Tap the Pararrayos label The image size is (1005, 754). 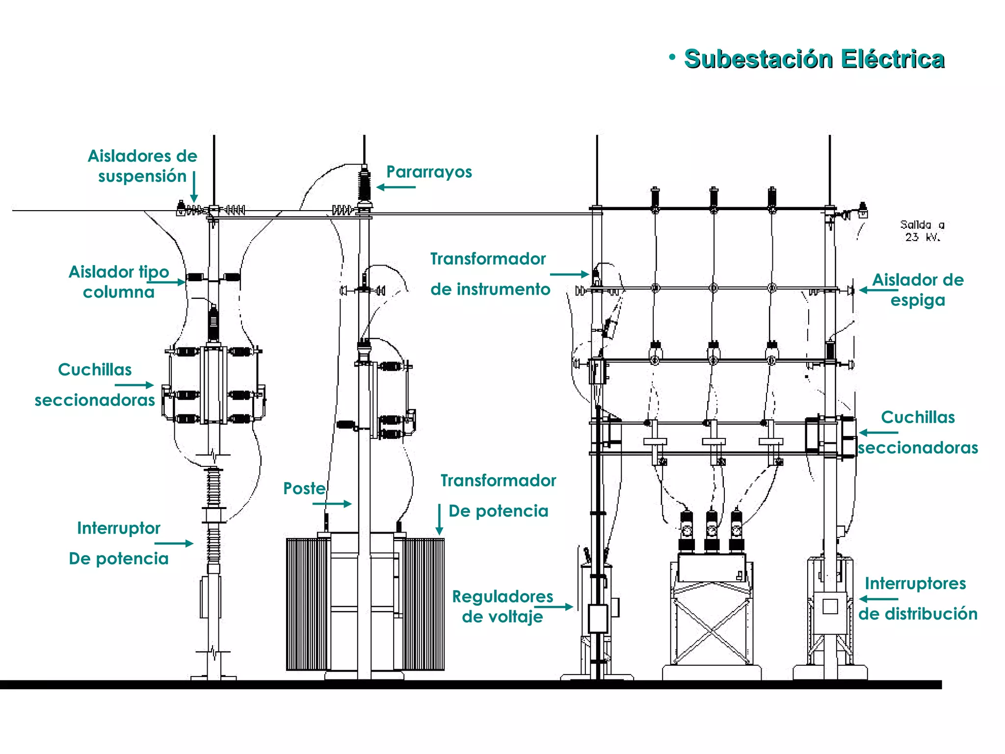pos(429,172)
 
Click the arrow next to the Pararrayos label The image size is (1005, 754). pos(396,187)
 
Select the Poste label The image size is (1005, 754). pos(304,488)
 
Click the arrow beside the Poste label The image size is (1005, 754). pos(332,504)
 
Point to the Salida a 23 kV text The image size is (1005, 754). pos(922,231)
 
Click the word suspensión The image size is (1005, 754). pos(142,176)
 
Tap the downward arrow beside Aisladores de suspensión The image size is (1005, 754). pos(194,187)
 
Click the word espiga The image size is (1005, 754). pos(918,300)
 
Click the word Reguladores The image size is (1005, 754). pos(502,596)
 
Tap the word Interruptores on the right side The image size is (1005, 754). pos(915,583)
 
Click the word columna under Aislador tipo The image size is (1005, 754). pos(118,292)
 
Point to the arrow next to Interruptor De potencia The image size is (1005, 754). pos(174,543)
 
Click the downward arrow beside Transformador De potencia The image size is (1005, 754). pos(440,519)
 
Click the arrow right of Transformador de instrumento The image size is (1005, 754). pos(569,274)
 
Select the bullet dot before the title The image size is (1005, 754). pos(672,57)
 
